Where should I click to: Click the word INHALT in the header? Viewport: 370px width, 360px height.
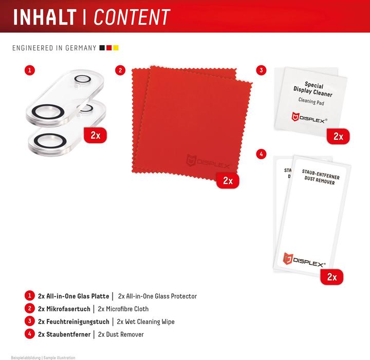click(x=45, y=17)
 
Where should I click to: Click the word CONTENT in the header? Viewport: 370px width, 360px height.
click(x=132, y=17)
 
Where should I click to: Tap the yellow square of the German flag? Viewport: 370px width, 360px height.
click(x=116, y=48)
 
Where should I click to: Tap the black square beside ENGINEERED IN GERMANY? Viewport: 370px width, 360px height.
click(x=102, y=48)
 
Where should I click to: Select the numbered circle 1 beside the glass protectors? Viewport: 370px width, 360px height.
click(x=30, y=70)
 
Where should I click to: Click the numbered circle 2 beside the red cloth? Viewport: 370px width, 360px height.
click(x=120, y=70)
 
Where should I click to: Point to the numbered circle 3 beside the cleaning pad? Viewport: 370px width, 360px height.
click(x=261, y=70)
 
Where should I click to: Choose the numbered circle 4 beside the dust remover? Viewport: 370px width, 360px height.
click(x=261, y=154)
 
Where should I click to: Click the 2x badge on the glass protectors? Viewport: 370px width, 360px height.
click(x=96, y=136)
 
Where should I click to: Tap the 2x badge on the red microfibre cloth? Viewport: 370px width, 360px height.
click(x=228, y=181)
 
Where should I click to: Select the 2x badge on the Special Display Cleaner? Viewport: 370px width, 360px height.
click(x=338, y=136)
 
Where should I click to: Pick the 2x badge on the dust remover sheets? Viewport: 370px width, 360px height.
click(x=332, y=277)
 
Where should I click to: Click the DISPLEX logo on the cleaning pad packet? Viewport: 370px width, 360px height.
click(x=309, y=118)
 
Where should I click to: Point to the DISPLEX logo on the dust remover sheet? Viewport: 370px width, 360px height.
click(x=304, y=260)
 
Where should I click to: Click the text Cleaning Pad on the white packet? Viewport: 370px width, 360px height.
click(x=311, y=101)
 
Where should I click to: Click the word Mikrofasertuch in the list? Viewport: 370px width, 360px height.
click(x=68, y=309)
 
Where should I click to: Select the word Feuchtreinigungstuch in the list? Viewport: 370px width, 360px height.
click(x=78, y=322)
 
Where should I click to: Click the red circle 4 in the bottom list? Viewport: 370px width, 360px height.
click(x=30, y=334)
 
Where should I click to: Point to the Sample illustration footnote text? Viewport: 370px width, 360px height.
click(x=60, y=357)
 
